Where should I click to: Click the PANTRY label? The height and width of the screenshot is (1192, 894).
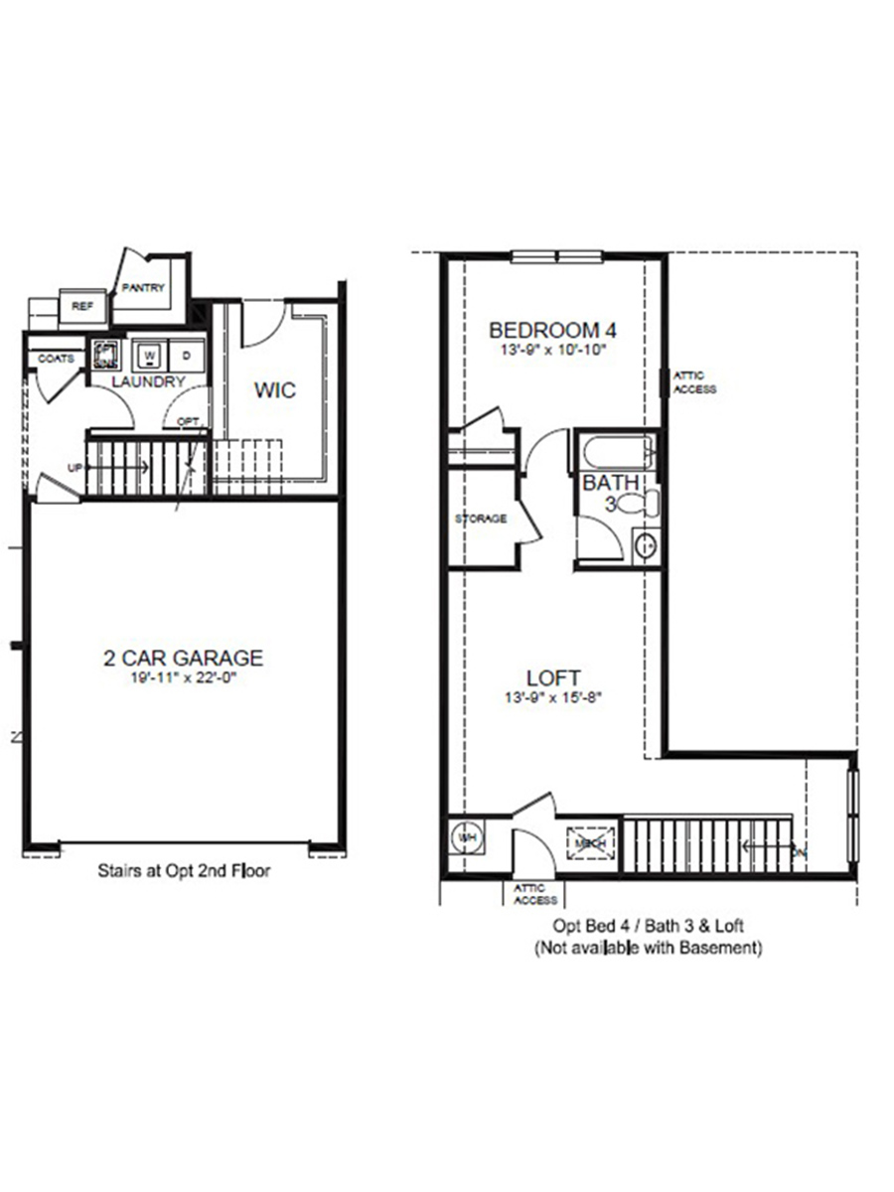pyautogui.click(x=142, y=288)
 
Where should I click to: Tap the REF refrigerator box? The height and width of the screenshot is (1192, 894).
pyautogui.click(x=81, y=307)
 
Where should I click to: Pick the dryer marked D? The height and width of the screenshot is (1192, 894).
pyautogui.click(x=187, y=355)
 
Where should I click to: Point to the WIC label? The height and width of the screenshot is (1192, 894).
pyautogui.click(x=274, y=390)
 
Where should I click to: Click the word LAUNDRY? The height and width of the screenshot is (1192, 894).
pyautogui.click(x=148, y=381)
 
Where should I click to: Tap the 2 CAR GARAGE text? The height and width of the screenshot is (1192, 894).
pyautogui.click(x=184, y=658)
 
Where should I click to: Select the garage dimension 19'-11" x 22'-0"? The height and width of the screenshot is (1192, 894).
pyautogui.click(x=184, y=678)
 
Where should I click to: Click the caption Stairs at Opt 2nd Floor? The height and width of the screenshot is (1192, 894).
pyautogui.click(x=184, y=871)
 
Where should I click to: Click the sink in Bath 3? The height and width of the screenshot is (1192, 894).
pyautogui.click(x=645, y=545)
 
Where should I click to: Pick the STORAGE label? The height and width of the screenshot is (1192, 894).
pyautogui.click(x=481, y=519)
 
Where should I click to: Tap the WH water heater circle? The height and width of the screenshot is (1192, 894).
pyautogui.click(x=466, y=837)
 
